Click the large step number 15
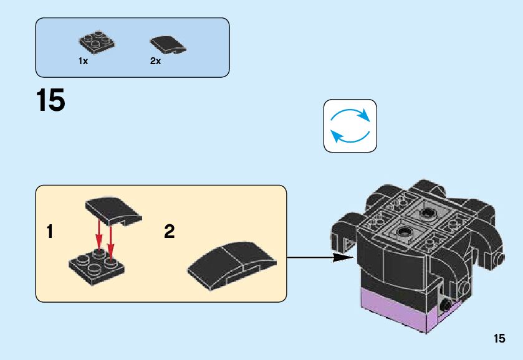tap(50, 101)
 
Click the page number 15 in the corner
tap(499, 339)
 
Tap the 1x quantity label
tap(83, 61)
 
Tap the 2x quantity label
tap(155, 61)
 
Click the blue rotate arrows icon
tap(350, 126)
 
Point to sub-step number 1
tap(50, 232)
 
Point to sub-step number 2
tap(169, 232)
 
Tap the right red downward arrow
tap(110, 242)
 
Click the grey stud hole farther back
tap(428, 214)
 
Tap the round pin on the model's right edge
tap(499, 258)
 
